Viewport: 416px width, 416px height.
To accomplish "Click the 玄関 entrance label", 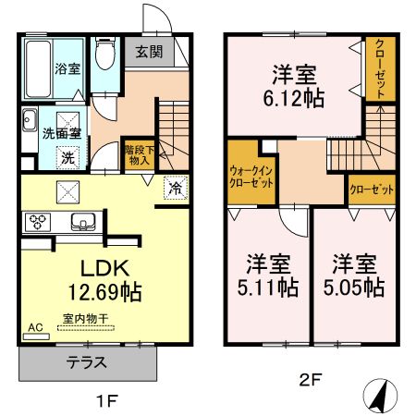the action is point(150,52).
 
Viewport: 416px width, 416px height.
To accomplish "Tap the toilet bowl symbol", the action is point(105,53).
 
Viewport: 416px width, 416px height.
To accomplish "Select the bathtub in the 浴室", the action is point(38,68).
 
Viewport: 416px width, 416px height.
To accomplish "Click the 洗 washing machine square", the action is point(67,158).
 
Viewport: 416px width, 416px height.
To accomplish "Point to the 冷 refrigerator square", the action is point(176,188).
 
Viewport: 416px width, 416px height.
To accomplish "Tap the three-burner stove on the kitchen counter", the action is point(38,222).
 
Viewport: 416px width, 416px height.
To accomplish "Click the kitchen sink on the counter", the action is point(83,222).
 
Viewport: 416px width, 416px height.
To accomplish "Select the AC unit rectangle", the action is point(36,336).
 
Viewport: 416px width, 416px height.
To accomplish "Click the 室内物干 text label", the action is point(86,319).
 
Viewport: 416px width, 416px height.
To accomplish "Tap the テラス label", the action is point(87,362).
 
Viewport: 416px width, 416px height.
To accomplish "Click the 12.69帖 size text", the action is point(104,292).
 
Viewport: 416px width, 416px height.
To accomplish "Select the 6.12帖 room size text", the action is point(294,98).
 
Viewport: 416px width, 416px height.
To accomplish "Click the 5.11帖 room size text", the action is point(268,288).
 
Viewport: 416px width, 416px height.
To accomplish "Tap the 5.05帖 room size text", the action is point(354,288).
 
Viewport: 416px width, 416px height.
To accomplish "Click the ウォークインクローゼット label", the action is point(251,177).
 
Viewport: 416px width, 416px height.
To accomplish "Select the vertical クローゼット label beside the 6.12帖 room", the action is point(380,68).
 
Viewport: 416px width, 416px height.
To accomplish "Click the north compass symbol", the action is point(380,396).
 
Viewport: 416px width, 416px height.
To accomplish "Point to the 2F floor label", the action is point(311,380).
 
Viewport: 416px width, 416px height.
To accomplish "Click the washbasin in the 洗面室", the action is point(30,120).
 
